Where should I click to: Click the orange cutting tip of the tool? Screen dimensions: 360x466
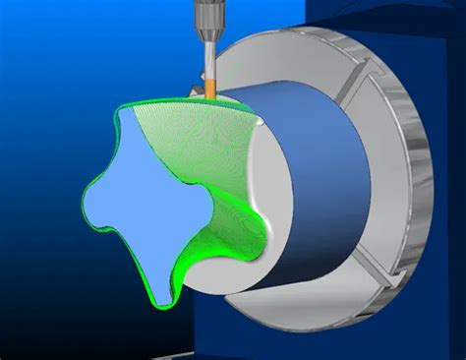[209, 86]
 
